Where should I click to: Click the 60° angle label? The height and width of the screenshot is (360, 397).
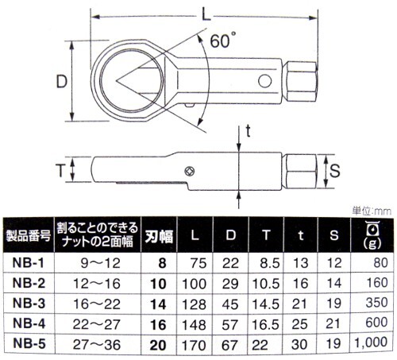point(223,41)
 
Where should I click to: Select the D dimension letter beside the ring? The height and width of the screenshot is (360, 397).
point(62,81)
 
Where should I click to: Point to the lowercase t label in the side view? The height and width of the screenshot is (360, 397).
point(248,131)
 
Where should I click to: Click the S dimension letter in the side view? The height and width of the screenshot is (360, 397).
point(334,171)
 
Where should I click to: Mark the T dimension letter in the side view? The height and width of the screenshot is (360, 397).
point(60,170)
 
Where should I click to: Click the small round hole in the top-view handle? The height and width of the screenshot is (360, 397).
point(264,81)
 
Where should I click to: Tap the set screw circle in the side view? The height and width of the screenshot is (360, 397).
point(189,171)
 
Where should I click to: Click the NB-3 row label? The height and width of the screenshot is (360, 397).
point(29,304)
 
